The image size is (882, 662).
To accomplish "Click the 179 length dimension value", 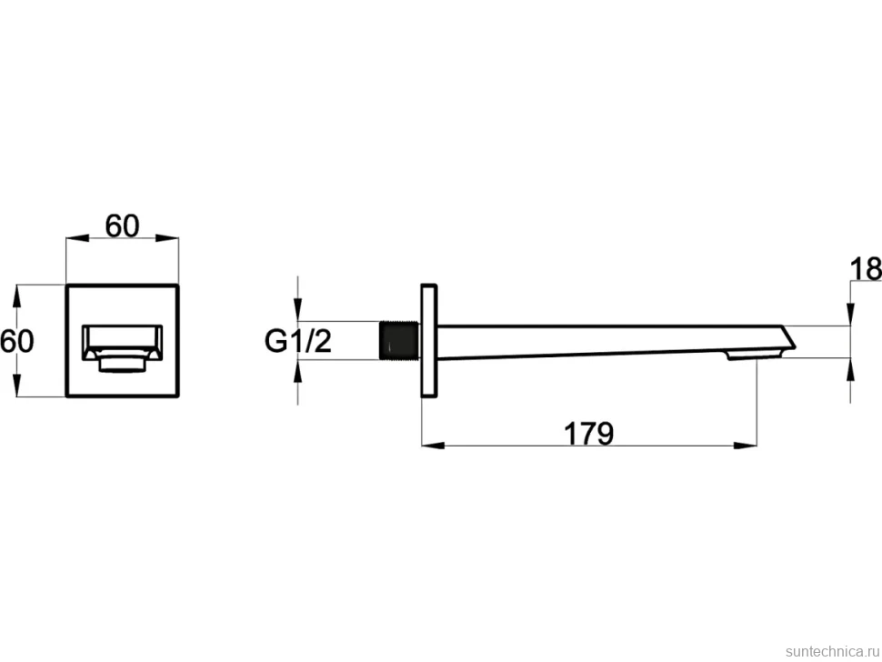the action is pyautogui.click(x=588, y=434).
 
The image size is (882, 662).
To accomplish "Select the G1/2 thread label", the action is pyautogui.click(x=298, y=341).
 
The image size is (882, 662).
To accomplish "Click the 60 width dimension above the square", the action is pyautogui.click(x=122, y=226).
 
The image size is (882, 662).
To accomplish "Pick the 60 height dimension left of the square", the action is pyautogui.click(x=17, y=341).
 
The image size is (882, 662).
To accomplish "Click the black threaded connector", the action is pyautogui.click(x=398, y=340).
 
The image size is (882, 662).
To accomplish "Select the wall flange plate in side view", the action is pyautogui.click(x=428, y=341).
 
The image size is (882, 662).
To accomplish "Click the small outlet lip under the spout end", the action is pyautogui.click(x=754, y=355).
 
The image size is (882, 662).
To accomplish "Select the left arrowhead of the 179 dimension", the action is pyautogui.click(x=433, y=446).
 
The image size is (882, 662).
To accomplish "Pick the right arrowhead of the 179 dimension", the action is pyautogui.click(x=746, y=446).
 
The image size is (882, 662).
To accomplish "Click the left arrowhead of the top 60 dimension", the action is pyautogui.click(x=77, y=238).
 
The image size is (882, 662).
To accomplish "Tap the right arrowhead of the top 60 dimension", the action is pyautogui.click(x=167, y=238).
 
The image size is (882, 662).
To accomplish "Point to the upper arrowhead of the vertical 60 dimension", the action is pyautogui.click(x=17, y=296).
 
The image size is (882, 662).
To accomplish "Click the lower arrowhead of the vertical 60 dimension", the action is pyautogui.click(x=17, y=386).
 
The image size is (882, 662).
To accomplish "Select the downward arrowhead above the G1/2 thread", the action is pyautogui.click(x=298, y=310).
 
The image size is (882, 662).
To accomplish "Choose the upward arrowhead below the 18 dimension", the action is pyautogui.click(x=850, y=369).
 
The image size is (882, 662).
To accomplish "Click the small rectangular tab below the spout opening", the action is pyautogui.click(x=123, y=363).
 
